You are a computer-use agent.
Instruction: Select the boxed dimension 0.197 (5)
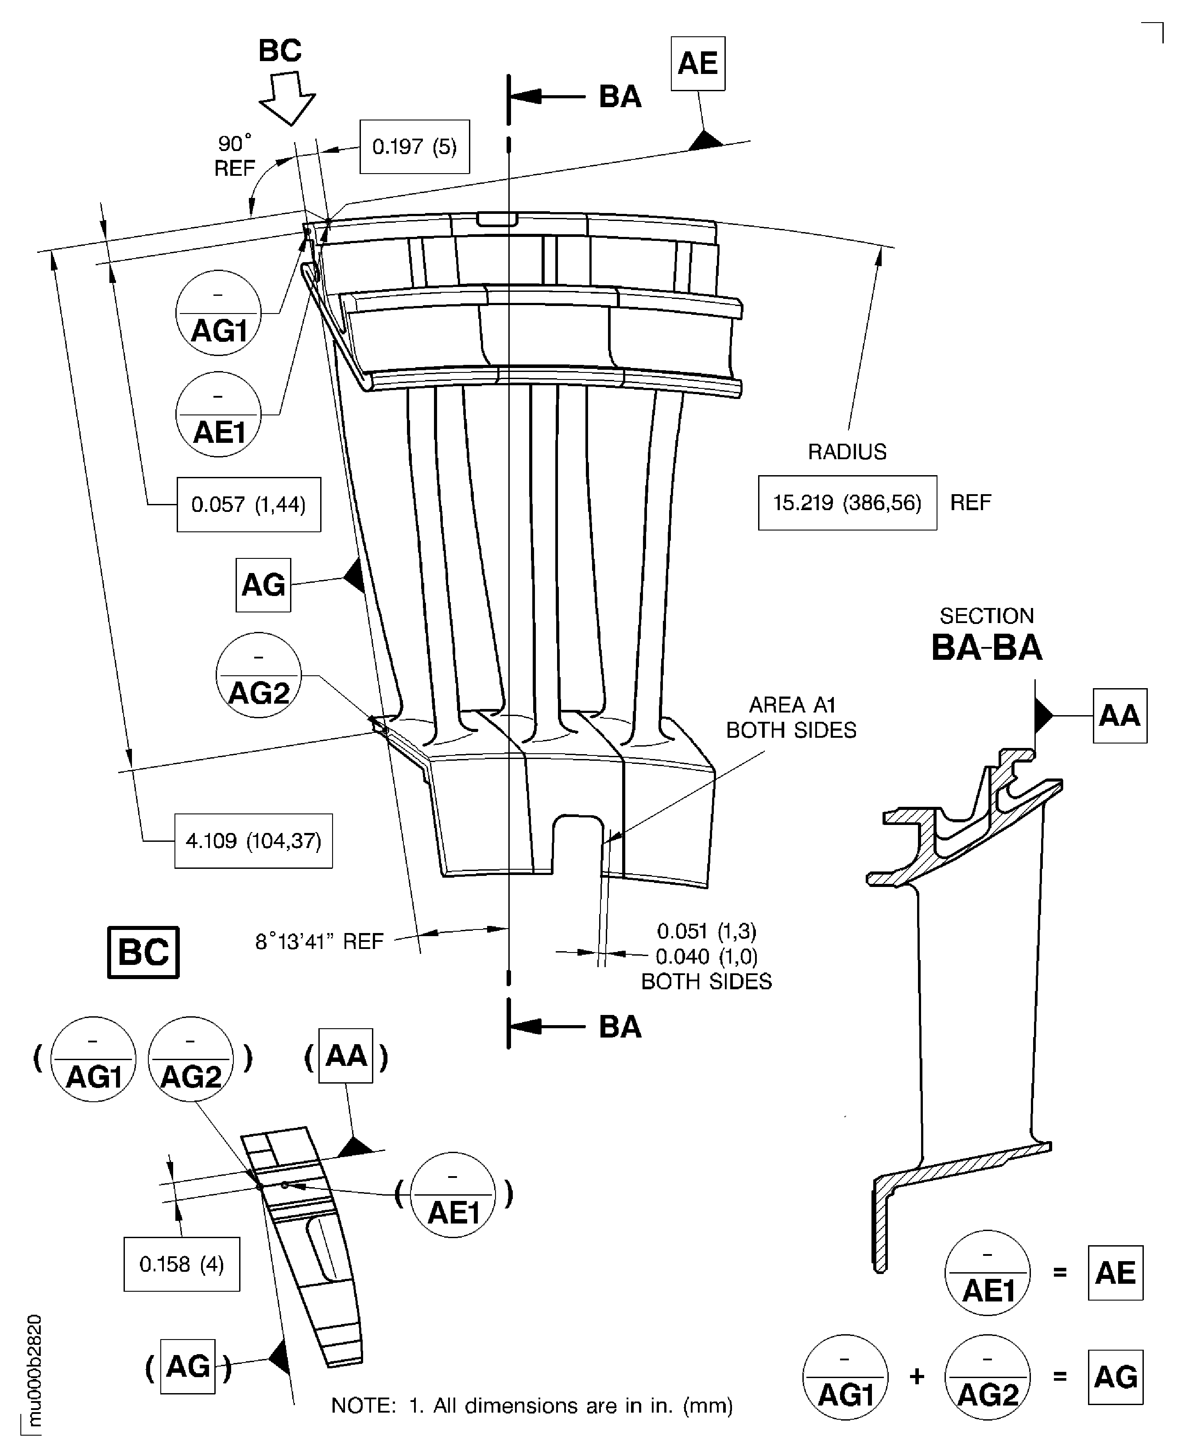[414, 147]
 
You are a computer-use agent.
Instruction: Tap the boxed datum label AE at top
[697, 63]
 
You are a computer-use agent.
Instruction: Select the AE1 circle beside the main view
[218, 414]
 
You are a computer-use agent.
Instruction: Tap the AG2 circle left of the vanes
[259, 675]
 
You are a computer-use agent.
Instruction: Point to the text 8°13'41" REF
[319, 942]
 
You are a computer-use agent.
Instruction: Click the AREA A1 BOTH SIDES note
[791, 717]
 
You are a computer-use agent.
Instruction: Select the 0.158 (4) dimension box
[182, 1265]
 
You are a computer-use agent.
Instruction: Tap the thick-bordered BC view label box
[143, 952]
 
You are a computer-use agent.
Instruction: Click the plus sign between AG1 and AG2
[917, 1377]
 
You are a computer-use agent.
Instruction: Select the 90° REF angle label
[234, 155]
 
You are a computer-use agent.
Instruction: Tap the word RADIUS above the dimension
[847, 452]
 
